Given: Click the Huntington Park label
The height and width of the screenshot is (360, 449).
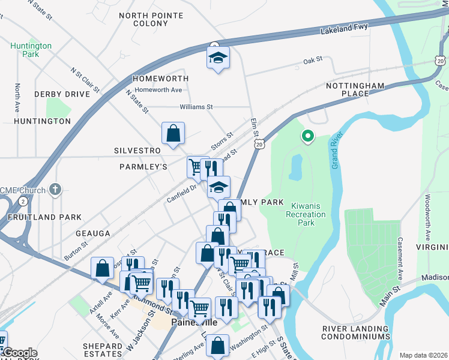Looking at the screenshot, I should [31, 50].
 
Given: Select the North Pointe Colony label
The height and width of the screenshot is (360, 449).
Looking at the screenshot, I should [143, 19].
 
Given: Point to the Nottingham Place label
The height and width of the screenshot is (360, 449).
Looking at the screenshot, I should [355, 90].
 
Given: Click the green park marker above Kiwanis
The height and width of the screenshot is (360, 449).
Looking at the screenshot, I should [307, 137].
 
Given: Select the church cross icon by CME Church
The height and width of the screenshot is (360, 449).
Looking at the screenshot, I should [55, 190].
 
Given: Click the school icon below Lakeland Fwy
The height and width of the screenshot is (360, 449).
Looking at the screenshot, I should [217, 58].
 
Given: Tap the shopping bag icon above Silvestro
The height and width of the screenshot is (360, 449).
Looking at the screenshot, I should [173, 133].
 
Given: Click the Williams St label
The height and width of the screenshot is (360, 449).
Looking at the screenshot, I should [196, 107].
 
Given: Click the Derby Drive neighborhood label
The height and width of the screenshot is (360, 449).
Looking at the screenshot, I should [62, 94].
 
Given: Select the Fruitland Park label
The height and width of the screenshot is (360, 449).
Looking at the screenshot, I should [41, 217].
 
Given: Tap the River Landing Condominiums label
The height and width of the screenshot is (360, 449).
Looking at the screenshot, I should [356, 332].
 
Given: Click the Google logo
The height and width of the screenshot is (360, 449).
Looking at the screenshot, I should [20, 353].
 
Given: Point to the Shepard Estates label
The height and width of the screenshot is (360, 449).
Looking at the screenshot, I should [103, 350].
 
